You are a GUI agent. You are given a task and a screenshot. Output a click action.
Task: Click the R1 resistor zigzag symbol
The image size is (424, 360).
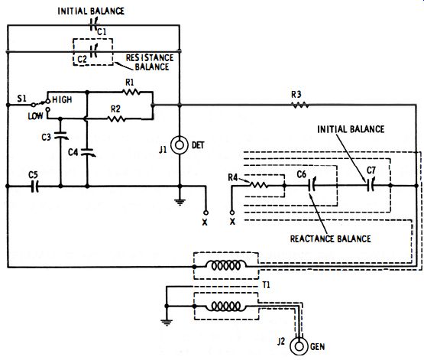131,92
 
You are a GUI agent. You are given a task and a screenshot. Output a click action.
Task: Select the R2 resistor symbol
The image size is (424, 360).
116,118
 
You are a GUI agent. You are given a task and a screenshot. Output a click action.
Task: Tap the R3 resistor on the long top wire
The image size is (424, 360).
300,105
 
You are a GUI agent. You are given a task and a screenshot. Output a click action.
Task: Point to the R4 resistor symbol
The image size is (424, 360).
258,185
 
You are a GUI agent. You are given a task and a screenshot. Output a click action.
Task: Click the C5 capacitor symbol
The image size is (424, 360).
34,186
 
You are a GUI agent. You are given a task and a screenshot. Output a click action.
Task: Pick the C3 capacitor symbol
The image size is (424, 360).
61,135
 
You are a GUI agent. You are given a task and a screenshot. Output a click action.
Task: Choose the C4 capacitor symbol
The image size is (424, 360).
88,152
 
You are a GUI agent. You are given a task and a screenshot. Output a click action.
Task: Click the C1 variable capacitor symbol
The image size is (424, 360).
93,24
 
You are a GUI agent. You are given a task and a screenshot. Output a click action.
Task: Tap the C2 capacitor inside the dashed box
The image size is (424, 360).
94,50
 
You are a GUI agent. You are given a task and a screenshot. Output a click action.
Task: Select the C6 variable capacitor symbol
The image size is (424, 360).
312,185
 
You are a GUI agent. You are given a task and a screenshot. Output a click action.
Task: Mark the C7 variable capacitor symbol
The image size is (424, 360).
371,185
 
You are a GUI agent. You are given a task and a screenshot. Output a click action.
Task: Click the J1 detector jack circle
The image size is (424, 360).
180,145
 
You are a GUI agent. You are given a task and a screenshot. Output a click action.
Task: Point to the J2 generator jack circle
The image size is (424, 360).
299,346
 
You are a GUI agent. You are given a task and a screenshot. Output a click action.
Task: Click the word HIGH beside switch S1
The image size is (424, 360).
62,100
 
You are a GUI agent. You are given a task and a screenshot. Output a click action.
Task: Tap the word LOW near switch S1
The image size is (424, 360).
35,116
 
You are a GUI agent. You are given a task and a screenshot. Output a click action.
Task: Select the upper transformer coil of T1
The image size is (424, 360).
226,265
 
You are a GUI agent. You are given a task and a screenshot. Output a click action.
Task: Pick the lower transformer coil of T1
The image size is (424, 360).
226,306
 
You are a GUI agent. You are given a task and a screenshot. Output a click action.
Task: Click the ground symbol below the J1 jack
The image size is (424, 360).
180,203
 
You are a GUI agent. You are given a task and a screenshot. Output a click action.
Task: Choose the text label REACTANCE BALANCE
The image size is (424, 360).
331,238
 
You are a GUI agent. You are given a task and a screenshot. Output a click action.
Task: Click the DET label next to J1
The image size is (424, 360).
198,145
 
